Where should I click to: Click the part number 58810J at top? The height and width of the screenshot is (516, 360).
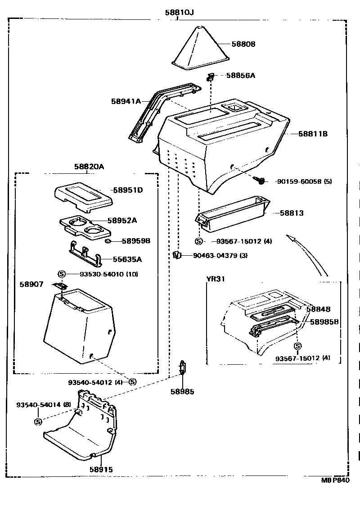(179, 12)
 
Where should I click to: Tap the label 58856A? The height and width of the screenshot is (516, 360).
(240, 75)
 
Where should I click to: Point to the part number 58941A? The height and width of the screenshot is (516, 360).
(126, 101)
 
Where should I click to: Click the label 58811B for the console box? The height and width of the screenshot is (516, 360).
(312, 134)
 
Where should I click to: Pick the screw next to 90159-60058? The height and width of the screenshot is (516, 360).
(259, 181)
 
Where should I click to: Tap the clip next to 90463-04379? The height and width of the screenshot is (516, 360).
(177, 255)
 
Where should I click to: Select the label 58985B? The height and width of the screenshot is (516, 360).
(324, 322)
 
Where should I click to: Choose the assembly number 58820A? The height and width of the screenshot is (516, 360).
(89, 167)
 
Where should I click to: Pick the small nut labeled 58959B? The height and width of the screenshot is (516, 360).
(108, 241)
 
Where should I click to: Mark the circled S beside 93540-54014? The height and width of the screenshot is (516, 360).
(38, 421)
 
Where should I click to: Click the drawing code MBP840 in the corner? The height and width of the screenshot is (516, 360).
(335, 480)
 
